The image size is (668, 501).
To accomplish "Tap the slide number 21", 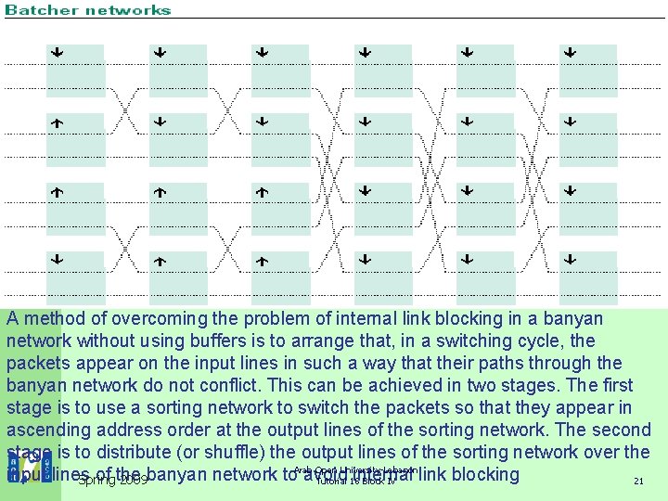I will (x=637, y=482).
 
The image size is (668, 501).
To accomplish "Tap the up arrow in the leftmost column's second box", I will (x=57, y=122).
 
